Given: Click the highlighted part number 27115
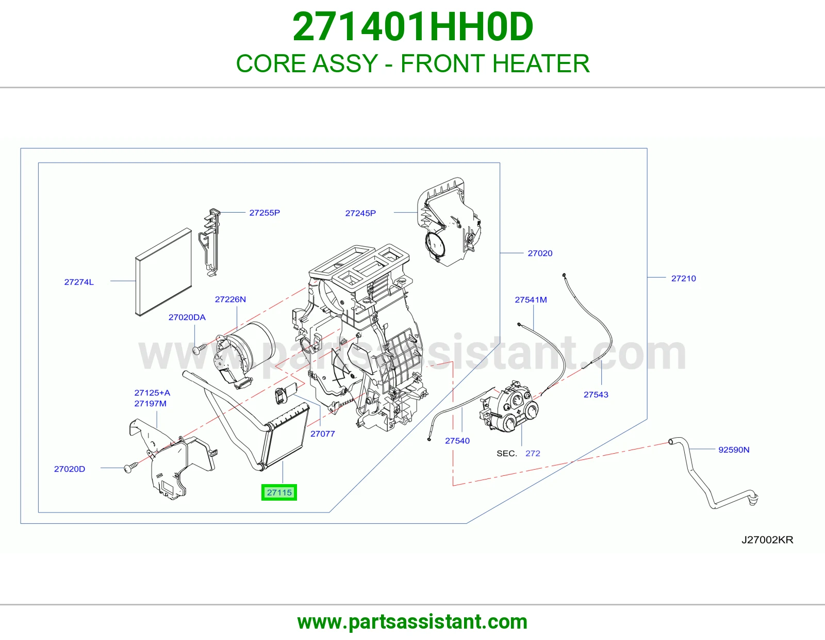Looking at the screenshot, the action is [x=279, y=492].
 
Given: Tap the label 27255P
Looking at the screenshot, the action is [x=265, y=213].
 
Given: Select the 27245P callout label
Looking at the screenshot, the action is [x=360, y=213].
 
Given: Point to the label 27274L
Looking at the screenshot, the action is [x=79, y=282].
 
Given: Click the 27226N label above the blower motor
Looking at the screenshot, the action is [x=230, y=299].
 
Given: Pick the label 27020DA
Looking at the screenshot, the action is [x=187, y=317].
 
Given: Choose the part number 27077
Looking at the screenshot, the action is [x=323, y=434].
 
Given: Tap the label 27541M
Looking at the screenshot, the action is [x=531, y=300].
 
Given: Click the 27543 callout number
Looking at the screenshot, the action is [x=596, y=394].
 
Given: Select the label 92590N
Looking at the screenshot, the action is [x=734, y=450].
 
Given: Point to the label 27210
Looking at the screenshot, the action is [x=684, y=278].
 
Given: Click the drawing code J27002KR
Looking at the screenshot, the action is [x=767, y=540].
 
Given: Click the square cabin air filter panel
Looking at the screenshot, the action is [x=163, y=271].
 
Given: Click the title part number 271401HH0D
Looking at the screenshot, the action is [x=412, y=27].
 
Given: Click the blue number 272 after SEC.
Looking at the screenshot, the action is [x=533, y=453].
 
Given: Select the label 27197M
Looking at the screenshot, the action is [x=151, y=404].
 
